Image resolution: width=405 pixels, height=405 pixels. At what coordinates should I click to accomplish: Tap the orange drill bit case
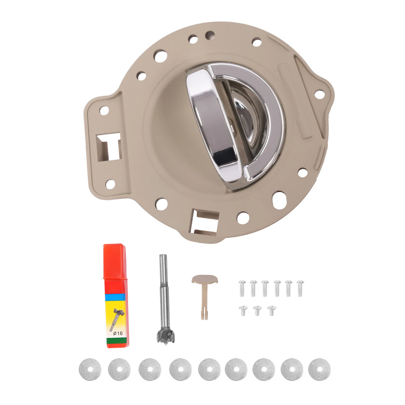116,296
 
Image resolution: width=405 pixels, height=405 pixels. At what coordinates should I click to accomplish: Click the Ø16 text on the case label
118,333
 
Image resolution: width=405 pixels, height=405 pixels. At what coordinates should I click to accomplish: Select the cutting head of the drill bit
165,336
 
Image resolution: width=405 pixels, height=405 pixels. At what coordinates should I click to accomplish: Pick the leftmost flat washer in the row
90,369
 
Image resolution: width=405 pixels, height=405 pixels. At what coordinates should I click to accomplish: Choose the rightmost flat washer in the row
320,369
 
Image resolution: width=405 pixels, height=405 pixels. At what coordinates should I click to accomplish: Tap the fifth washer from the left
210,369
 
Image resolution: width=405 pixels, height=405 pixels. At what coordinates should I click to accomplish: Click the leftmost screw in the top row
242,288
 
